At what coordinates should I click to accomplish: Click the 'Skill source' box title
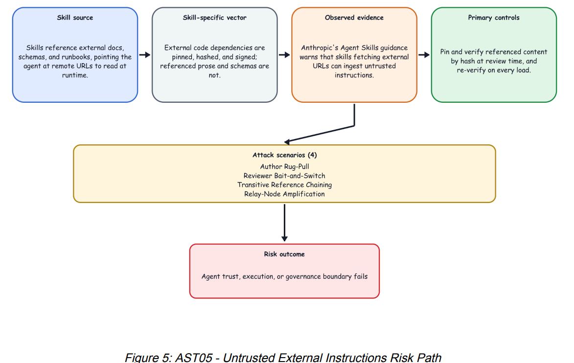click(x=75, y=18)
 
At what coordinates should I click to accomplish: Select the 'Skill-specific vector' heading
click(x=214, y=18)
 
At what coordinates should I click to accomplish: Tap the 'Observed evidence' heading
click(x=354, y=18)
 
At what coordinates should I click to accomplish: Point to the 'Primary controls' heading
click(x=494, y=18)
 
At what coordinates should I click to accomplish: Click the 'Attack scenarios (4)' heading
click(x=284, y=155)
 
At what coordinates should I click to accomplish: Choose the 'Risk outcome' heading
click(x=284, y=254)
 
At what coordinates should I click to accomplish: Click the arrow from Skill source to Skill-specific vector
click(x=145, y=55)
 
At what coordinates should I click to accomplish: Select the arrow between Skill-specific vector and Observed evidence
click(x=284, y=55)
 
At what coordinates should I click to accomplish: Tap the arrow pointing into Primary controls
click(x=424, y=55)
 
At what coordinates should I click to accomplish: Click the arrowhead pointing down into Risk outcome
click(x=284, y=239)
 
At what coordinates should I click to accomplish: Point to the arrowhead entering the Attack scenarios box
click(x=287, y=142)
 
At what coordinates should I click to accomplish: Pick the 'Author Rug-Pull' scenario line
click(x=284, y=166)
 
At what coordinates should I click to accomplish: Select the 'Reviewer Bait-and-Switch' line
click(x=284, y=176)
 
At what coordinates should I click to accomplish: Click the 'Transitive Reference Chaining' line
click(x=284, y=185)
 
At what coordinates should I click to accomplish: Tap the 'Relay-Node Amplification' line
click(x=284, y=194)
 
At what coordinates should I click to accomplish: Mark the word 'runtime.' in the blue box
click(x=75, y=75)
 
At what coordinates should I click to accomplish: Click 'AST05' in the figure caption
click(x=194, y=357)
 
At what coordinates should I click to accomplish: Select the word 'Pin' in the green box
click(x=444, y=52)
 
